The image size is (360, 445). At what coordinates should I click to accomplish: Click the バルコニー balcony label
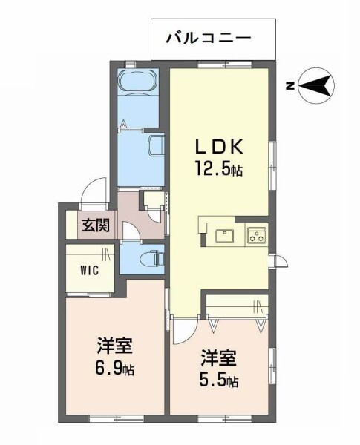coord(209,39)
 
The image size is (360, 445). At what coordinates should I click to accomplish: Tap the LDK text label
coord(218,147)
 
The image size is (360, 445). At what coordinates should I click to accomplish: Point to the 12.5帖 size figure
coord(218,168)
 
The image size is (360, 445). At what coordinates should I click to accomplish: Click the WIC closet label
coord(89,270)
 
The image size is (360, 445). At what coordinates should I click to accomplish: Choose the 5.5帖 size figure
coord(219,380)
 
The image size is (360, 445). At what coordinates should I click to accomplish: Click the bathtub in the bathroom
coord(138,81)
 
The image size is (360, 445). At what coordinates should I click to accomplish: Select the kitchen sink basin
coord(224,236)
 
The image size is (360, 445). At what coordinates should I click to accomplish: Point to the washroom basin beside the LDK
coord(157,145)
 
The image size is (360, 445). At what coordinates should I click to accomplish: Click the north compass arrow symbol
coord(316,86)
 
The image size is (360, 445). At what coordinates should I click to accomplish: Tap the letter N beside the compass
coord(289,86)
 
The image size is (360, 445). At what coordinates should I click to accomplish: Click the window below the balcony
coord(225,65)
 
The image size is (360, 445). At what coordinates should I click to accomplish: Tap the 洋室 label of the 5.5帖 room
coord(219,358)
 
